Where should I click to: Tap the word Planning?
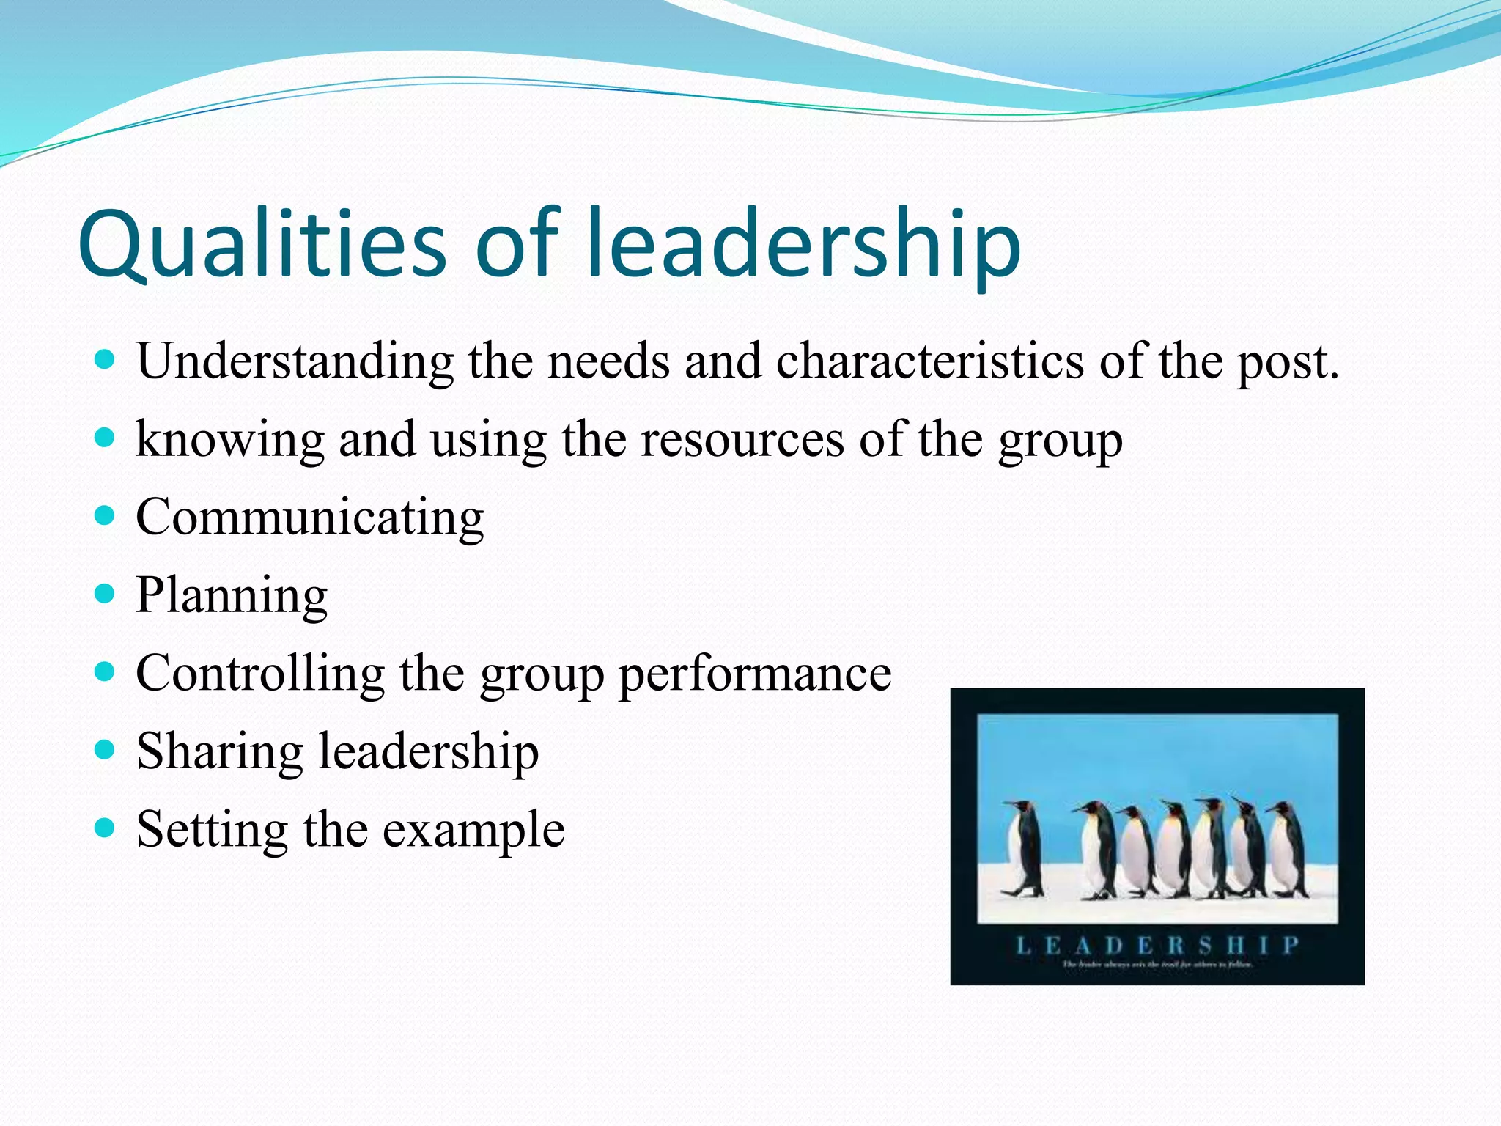pos(232,596)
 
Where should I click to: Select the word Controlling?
pos(260,674)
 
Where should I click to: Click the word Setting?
pos(212,831)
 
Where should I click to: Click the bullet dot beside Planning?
pos(106,593)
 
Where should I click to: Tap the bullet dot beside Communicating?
pos(106,515)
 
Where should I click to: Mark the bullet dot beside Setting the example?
pos(106,828)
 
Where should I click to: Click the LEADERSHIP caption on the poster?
pos(1157,945)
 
